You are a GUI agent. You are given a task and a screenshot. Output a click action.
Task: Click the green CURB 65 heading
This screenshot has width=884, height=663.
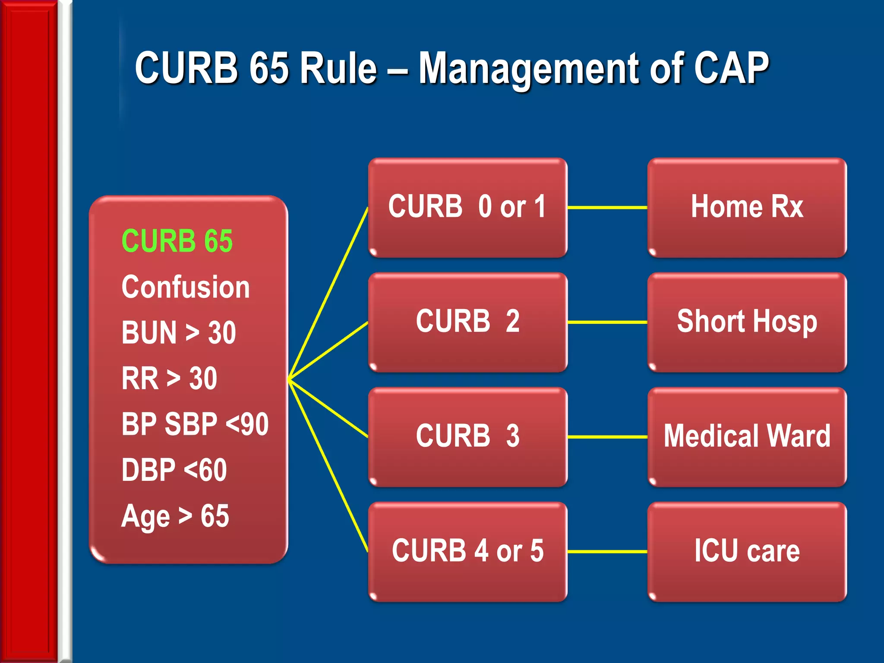(177, 241)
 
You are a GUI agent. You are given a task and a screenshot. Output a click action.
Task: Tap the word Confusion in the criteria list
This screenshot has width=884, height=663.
(186, 287)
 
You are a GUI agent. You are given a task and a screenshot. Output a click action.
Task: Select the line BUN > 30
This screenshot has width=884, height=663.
(179, 333)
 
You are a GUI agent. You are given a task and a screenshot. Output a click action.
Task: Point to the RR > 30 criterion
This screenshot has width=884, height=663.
(169, 379)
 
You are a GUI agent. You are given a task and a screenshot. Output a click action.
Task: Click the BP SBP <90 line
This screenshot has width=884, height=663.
(195, 424)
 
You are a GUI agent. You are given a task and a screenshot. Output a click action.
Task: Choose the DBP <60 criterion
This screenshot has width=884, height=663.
(174, 470)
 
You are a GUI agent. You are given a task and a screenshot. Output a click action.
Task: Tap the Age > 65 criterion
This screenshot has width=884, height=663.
(175, 516)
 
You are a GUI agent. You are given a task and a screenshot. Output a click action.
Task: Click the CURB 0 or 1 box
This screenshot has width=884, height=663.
(467, 207)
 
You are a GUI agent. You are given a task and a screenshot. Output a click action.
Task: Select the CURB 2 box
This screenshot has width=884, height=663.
(467, 322)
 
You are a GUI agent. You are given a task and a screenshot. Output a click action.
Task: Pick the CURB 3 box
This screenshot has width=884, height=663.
(467, 436)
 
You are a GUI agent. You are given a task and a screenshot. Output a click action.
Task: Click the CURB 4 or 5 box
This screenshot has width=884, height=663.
(467, 551)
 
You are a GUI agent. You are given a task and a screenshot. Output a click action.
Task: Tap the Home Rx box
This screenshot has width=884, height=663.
(747, 207)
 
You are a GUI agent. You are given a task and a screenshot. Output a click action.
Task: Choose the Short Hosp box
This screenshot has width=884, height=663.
(747, 322)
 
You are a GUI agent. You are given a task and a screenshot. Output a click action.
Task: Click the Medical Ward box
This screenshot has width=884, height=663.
(747, 436)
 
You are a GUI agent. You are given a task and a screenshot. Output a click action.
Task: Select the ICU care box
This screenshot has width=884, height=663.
(747, 551)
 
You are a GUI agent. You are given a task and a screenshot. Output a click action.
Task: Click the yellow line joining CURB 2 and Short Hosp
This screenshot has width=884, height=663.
(607, 322)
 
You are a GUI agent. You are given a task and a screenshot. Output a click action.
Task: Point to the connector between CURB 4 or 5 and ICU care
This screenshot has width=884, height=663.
(607, 552)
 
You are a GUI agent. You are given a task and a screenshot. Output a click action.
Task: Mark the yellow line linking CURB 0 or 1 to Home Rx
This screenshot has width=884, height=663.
(607, 208)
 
